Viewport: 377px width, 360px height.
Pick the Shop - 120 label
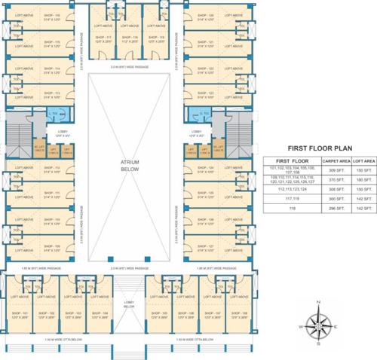click(206, 16)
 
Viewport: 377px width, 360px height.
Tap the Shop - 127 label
click(206, 247)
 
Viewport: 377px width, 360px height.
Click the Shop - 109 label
click(52, 247)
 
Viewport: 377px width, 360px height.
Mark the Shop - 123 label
click(206, 96)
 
